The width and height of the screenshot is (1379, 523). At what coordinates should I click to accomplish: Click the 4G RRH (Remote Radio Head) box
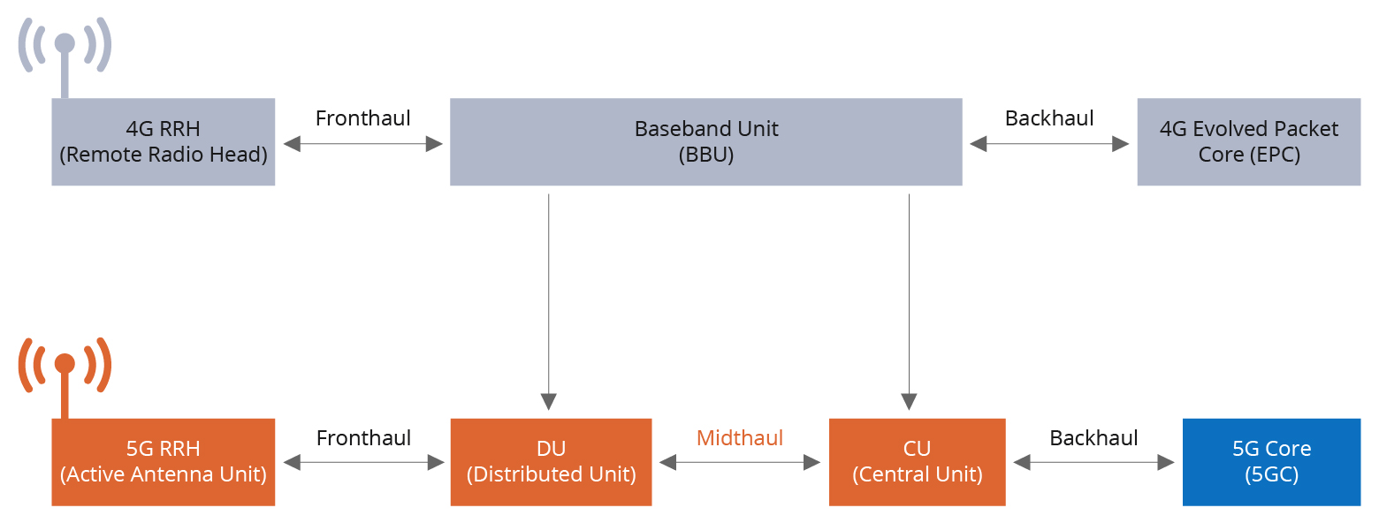click(x=163, y=142)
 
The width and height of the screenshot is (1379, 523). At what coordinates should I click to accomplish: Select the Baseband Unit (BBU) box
click(x=705, y=142)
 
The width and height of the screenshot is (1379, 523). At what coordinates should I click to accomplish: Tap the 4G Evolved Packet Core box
click(x=1248, y=142)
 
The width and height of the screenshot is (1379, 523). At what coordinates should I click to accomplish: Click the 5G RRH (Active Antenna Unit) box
click(x=163, y=462)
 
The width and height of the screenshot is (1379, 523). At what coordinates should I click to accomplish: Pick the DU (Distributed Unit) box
click(x=551, y=462)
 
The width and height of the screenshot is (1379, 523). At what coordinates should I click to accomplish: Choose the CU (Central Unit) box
click(x=917, y=462)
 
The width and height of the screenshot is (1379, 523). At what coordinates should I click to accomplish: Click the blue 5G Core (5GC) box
click(x=1271, y=462)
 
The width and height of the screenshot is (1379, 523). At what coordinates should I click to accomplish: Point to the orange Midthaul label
click(x=740, y=437)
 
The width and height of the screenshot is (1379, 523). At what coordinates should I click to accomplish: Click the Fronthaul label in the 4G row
click(x=362, y=118)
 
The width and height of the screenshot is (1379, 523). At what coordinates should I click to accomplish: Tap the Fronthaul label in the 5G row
click(x=362, y=438)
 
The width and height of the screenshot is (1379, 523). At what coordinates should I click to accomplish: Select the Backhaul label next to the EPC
click(x=1049, y=118)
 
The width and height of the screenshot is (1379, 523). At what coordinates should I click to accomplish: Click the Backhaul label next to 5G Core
click(x=1093, y=438)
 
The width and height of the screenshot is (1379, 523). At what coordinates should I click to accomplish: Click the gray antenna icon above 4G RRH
click(x=65, y=49)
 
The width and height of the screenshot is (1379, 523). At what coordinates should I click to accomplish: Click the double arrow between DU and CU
click(x=740, y=462)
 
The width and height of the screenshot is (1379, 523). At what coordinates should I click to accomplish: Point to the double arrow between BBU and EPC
click(x=1049, y=144)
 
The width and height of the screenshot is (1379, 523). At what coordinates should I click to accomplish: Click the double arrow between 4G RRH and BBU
click(x=362, y=144)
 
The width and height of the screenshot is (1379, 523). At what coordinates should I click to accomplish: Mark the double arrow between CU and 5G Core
click(x=1093, y=462)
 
